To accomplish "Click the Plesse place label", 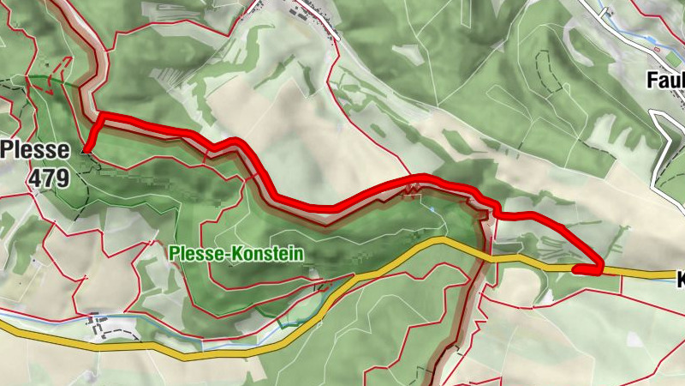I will click(x=36, y=149).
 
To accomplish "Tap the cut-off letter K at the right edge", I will click(x=681, y=280).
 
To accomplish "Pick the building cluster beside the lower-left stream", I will click(x=96, y=323).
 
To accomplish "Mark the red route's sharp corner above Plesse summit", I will click(x=101, y=115).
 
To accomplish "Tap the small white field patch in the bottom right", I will click(x=633, y=340).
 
